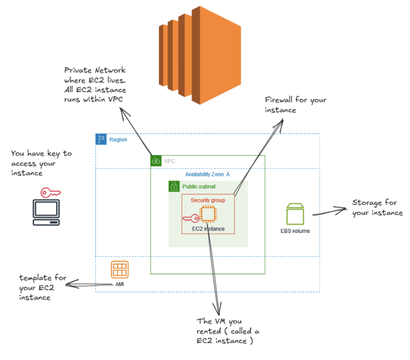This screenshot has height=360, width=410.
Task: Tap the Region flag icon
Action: (x=101, y=139)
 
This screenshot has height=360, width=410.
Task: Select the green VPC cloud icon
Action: (x=156, y=161)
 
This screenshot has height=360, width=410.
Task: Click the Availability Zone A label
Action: (x=207, y=175)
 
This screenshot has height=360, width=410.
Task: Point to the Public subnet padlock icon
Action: (x=174, y=186)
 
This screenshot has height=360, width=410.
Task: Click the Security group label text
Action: (x=208, y=200)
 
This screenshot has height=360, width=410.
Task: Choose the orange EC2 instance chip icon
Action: (x=208, y=215)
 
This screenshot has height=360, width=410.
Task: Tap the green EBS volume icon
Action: (x=295, y=214)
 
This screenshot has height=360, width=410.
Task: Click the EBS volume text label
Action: (x=295, y=231)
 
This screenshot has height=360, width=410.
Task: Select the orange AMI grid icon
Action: (x=119, y=269)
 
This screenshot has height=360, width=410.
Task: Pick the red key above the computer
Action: (x=50, y=193)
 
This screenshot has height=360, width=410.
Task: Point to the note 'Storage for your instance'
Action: (x=377, y=208)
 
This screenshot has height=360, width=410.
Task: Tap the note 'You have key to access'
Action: (x=41, y=163)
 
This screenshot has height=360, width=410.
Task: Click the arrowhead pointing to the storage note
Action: (x=342, y=209)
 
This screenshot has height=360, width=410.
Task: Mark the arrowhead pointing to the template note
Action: (x=70, y=284)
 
